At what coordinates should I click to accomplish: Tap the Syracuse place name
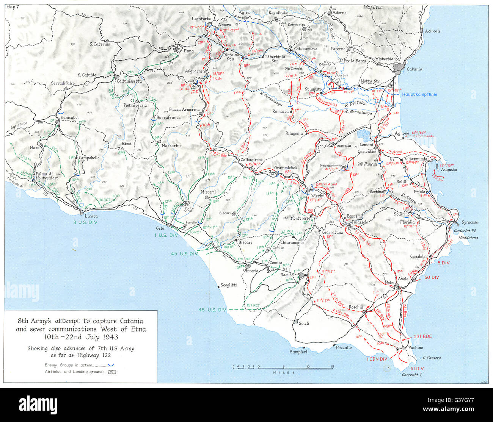(x=469, y=222)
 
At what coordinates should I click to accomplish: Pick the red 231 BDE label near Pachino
(x=422, y=336)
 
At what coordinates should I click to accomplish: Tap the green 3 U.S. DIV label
(x=85, y=222)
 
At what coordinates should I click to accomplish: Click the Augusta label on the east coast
(x=449, y=170)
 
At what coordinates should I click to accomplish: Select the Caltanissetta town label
(x=129, y=81)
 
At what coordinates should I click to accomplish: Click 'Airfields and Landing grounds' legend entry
(x=74, y=372)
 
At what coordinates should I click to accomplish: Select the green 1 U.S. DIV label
(x=166, y=235)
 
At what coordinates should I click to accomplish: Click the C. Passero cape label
(x=432, y=358)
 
